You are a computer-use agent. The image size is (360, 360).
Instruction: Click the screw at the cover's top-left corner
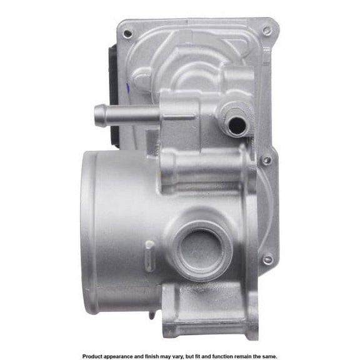point(127,34)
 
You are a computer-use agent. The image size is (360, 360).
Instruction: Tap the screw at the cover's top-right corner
point(267,30)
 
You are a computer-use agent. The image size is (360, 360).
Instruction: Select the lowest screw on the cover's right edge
point(267,259)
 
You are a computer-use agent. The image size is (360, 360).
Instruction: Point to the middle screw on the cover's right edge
point(267,160)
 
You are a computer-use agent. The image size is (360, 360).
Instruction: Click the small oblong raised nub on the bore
point(149,260)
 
